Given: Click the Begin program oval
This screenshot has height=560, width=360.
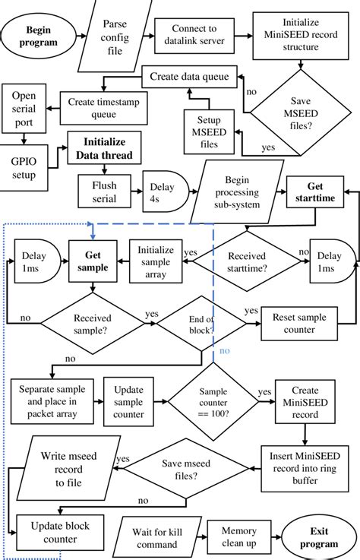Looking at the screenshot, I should (42, 36).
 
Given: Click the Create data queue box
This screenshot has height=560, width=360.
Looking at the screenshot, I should (190, 78).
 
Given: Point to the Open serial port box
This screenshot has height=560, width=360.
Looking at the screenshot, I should (24, 109).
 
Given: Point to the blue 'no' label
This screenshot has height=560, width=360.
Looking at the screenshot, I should (224, 351).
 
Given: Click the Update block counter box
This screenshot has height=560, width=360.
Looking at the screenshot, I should (53, 533).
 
